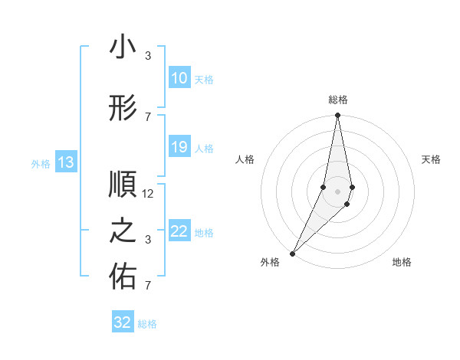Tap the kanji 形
click(123, 110)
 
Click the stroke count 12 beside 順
click(149, 194)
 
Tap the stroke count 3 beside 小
click(148, 56)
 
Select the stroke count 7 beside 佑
click(148, 286)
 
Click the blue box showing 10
click(179, 78)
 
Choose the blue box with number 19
click(179, 147)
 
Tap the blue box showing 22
click(179, 231)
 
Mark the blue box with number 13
click(65, 162)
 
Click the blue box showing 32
click(123, 322)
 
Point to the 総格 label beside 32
click(147, 324)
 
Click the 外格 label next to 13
click(41, 163)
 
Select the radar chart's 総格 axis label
click(337, 100)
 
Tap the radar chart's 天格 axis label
click(431, 159)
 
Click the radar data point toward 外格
click(292, 253)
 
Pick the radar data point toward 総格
click(337, 116)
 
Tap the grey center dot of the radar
click(337, 191)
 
